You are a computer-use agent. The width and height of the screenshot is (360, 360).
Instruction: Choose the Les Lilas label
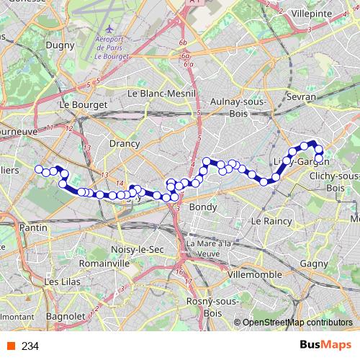(62, 282)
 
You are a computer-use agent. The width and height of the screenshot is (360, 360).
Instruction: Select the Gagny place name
(314, 264)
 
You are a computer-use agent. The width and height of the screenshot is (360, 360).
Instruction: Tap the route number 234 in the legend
(30, 346)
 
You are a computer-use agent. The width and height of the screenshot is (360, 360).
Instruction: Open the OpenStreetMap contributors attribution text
(297, 323)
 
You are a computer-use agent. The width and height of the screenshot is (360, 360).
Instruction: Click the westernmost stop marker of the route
(39, 169)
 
